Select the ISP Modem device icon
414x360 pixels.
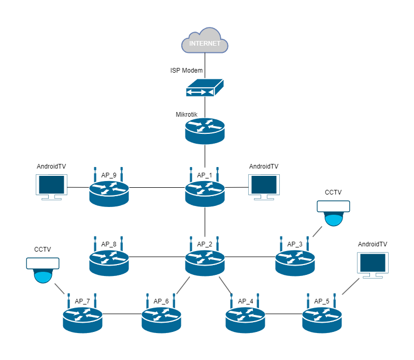point(205,88)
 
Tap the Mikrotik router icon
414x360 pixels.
point(205,130)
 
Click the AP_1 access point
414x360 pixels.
point(205,191)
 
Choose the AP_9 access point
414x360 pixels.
point(109,191)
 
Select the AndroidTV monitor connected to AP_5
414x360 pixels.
point(373,265)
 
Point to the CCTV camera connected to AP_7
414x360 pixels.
point(43,270)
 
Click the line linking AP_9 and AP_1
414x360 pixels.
point(157,187)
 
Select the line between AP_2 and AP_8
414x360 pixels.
point(157,256)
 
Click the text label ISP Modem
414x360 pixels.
point(187,70)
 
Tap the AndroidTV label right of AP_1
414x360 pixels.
point(264,167)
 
